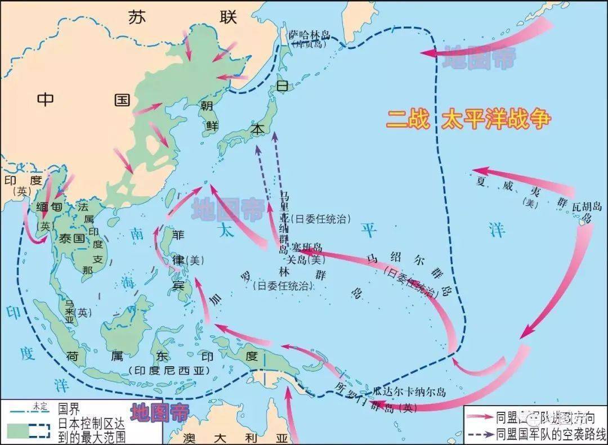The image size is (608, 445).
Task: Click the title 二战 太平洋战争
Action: (468, 120)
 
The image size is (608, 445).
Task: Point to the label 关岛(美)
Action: (307, 259)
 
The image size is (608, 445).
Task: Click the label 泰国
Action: (71, 238)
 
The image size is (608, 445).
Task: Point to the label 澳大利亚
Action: (236, 437)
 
